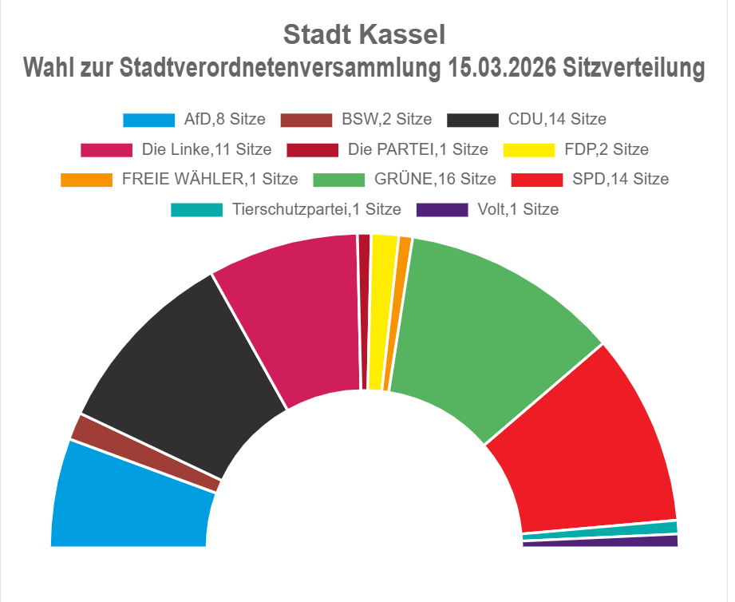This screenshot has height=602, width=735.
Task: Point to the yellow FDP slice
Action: click(381, 311)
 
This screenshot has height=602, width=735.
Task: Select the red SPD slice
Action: click(591, 447)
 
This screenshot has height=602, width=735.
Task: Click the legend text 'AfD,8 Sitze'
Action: click(224, 120)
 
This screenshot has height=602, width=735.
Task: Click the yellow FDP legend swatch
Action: click(529, 149)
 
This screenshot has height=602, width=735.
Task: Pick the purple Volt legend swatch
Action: click(442, 210)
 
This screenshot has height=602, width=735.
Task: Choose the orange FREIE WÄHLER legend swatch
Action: click(86, 179)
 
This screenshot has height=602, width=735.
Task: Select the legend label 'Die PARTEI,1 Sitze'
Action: click(417, 149)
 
